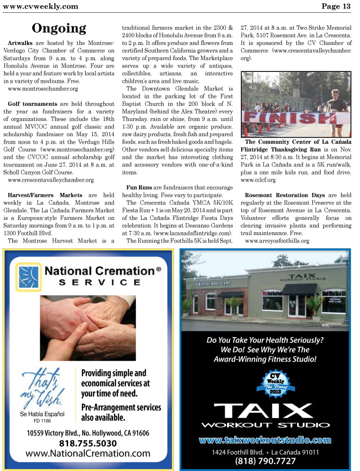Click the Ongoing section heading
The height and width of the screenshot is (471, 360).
pyautogui.click(x=59, y=28)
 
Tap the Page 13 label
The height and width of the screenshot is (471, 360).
pyautogui.click(x=336, y=6)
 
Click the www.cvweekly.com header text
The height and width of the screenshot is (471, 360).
pyautogui.click(x=40, y=6)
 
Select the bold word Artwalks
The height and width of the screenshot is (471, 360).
pyautogui.click(x=20, y=43)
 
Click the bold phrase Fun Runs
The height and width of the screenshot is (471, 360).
pyautogui.click(x=139, y=188)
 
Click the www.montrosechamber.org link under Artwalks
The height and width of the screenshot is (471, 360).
pyautogui.click(x=43, y=88)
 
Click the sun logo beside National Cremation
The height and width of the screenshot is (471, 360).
pyautogui.click(x=28, y=276)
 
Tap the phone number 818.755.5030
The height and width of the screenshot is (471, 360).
pyautogui.click(x=88, y=443)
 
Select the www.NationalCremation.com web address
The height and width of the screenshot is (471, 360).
pyautogui.click(x=88, y=454)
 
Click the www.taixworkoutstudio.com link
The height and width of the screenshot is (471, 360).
pyautogui.click(x=265, y=440)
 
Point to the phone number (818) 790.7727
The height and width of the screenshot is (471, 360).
pyautogui.click(x=265, y=461)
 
